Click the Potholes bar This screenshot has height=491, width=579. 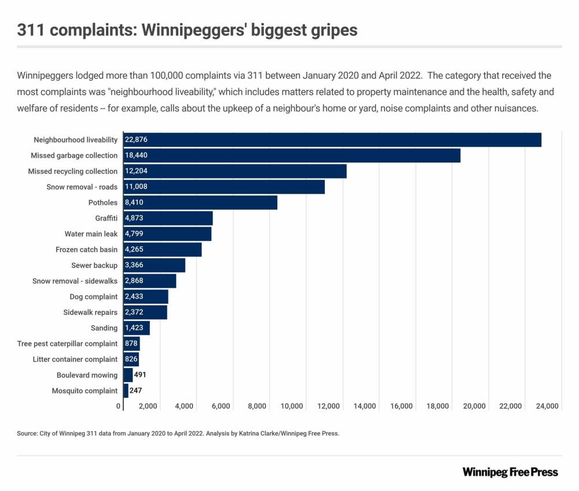[x=200, y=203]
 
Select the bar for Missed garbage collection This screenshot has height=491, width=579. [x=292, y=155]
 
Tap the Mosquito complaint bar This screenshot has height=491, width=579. [x=126, y=391]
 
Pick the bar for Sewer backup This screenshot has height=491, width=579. [x=154, y=265]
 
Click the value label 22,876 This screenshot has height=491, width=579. [x=137, y=140]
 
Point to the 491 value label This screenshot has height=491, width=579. [x=140, y=375]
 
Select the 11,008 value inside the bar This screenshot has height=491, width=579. [x=137, y=187]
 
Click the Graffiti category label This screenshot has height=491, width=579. [x=107, y=219]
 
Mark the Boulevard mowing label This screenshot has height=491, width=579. [x=87, y=375]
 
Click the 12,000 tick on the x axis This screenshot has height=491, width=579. [x=329, y=406]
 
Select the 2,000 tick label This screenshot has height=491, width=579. [x=148, y=406]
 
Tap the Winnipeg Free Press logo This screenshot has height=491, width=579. [x=510, y=472]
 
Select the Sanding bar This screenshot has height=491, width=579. [x=137, y=328]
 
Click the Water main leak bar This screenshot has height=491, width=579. [x=167, y=234]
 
